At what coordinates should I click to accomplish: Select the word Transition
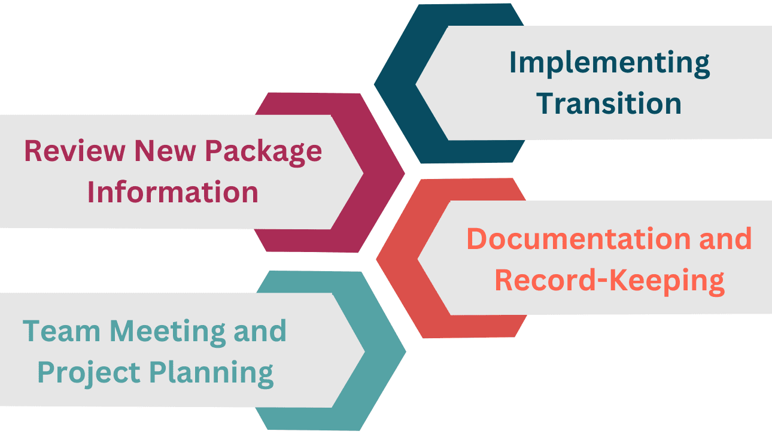coord(609,104)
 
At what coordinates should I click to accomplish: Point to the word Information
coord(173,193)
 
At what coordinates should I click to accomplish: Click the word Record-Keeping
coord(610,281)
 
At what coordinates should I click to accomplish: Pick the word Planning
coord(211,373)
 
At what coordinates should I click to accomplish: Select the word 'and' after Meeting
coord(260,331)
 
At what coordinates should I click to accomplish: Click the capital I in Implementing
coord(513,63)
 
